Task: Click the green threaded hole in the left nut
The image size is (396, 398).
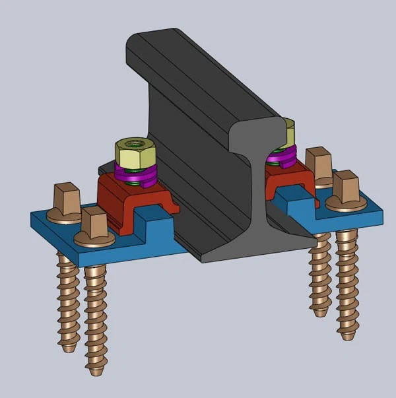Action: tap(135, 143)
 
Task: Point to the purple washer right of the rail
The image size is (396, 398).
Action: tap(280, 158)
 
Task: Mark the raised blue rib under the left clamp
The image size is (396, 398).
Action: tap(155, 224)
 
